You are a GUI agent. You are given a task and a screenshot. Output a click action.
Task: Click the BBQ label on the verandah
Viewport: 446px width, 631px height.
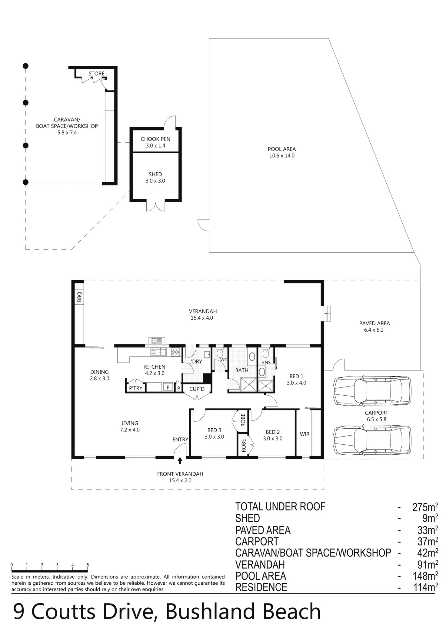pyautogui.click(x=79, y=297)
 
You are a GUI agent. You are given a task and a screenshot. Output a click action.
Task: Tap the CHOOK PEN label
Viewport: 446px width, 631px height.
pyautogui.click(x=155, y=139)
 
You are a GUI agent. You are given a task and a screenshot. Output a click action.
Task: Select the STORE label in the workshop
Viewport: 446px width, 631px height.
pyautogui.click(x=96, y=74)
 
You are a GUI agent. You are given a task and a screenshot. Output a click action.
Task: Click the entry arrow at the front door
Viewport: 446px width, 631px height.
pyautogui.click(x=180, y=461)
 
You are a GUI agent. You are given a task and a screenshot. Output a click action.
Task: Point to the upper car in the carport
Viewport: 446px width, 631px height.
pyautogui.click(x=372, y=390)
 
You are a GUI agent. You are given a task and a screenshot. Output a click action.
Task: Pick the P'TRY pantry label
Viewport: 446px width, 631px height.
pyautogui.click(x=136, y=388)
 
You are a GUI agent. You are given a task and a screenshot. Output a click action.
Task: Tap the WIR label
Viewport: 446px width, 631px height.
pyautogui.click(x=305, y=434)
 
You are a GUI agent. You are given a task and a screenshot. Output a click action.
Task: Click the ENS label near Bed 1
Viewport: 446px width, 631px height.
pyautogui.click(x=266, y=363)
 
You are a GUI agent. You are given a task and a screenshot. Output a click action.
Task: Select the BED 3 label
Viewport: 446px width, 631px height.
pyautogui.click(x=214, y=430)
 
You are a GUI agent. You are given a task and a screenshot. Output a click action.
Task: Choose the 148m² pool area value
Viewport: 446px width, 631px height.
pyautogui.click(x=425, y=576)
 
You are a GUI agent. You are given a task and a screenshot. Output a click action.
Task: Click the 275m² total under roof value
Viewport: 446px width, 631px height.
pyautogui.click(x=425, y=507)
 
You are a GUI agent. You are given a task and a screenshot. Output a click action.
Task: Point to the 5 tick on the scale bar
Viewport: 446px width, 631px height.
pyautogui.click(x=88, y=565)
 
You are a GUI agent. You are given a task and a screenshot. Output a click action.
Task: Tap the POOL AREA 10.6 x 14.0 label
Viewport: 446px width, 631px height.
pyautogui.click(x=282, y=152)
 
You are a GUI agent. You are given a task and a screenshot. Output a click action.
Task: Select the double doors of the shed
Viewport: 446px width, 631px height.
pyautogui.click(x=156, y=206)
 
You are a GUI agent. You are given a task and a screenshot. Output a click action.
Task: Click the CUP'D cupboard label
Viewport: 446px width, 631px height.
pyautogui.click(x=197, y=389)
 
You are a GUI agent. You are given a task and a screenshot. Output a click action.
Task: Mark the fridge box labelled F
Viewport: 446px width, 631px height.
pyautogui.click(x=168, y=387)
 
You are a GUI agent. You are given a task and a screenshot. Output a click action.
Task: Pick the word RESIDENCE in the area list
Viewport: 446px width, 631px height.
pyautogui.click(x=261, y=587)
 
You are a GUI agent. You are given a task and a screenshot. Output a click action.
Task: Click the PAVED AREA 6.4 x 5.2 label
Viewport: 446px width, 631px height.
pyautogui.click(x=374, y=327)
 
